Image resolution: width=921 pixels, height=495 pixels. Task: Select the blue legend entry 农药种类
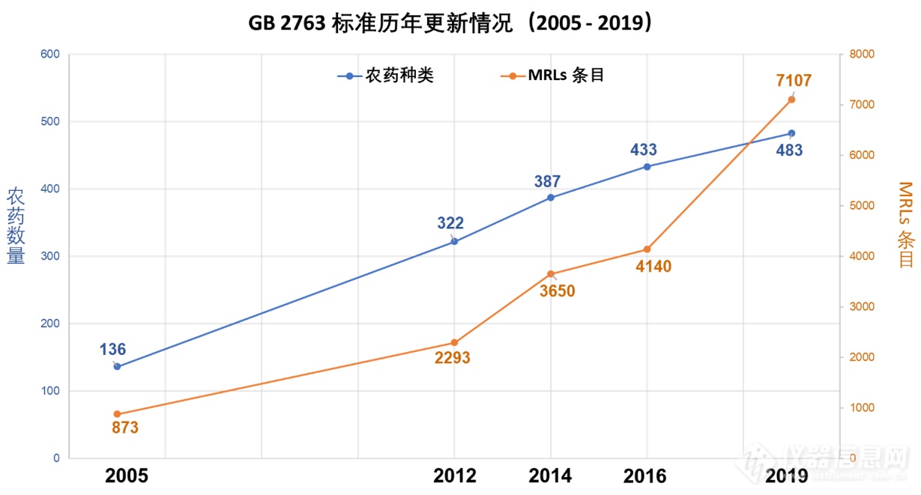point(385,76)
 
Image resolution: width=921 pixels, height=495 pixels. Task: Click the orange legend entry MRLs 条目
point(555,76)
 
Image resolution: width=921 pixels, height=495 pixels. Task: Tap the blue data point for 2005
point(117,366)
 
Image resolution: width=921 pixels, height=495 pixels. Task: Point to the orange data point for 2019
point(791,100)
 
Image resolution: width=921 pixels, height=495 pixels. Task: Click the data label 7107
point(794,81)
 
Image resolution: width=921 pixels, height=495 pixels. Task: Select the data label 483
point(788,150)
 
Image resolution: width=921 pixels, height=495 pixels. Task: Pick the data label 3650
point(557,291)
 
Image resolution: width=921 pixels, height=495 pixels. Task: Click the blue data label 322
point(450,222)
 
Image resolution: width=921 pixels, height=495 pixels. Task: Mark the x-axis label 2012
point(454,476)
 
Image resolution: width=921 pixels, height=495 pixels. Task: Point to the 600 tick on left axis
point(50,54)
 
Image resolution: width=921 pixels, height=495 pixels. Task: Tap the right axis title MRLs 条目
point(905,225)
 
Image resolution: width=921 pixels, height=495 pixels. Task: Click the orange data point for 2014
point(550,274)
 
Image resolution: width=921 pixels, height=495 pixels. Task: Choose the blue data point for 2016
point(647,166)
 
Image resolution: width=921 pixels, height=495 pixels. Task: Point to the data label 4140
point(653,265)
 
